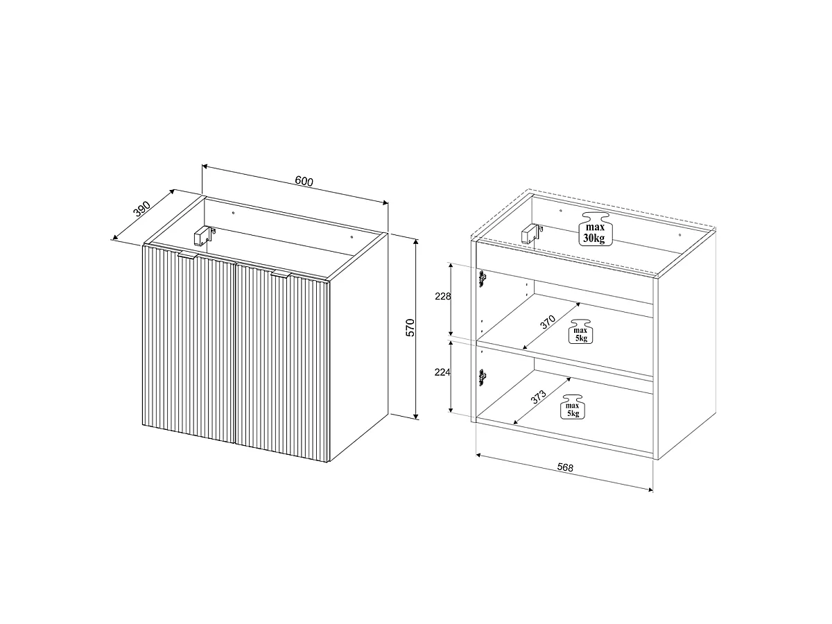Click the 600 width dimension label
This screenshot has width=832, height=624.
coord(304,181)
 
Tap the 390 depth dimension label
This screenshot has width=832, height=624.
coord(142,209)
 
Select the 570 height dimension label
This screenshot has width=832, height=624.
coord(410,328)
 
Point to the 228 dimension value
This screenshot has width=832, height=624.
coord(443,296)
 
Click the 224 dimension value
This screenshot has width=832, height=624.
coord(442,372)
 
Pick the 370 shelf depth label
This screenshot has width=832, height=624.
coord(548,322)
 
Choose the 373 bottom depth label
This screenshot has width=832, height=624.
coord(538,397)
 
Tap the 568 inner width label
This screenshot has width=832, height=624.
coord(565,467)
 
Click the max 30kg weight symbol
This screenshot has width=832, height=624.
coord(595,229)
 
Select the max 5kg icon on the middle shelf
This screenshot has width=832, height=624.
coord(581,331)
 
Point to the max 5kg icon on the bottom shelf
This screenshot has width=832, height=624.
coord(573,407)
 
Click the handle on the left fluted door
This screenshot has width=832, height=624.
coord(188,254)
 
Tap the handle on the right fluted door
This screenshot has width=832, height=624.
coord(281,275)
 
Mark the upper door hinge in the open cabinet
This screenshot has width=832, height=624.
coord(483,278)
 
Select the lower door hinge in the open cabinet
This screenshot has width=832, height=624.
coord(482,377)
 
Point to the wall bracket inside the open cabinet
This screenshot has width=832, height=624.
coord(531,234)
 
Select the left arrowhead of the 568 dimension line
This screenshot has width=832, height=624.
coord(478,455)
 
